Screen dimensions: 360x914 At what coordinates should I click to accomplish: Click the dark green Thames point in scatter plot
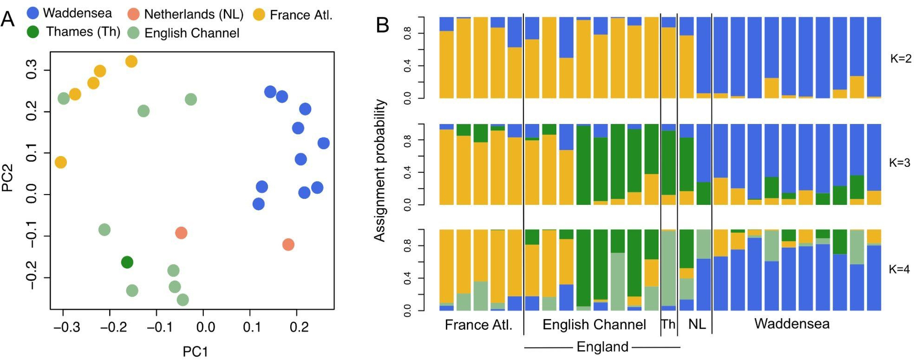coord(127,262)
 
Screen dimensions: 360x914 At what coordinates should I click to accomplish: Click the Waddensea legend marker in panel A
coord(33,13)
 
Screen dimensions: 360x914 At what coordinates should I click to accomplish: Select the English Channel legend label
coord(192,33)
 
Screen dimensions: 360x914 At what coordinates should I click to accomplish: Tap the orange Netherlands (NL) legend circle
coord(134,14)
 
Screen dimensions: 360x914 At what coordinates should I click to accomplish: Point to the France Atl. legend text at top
coord(301,15)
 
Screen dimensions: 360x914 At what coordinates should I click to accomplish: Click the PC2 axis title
coord(8,178)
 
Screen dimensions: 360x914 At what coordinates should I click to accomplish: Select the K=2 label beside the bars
coord(900,59)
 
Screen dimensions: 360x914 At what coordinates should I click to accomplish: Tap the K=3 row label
coord(900,163)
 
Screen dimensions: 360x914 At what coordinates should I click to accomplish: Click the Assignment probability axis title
coord(379,171)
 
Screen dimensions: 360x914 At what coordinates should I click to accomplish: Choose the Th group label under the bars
coord(668,324)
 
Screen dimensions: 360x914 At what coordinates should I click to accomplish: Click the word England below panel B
coord(602,347)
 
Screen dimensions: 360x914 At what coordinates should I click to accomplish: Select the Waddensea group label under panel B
coord(792,324)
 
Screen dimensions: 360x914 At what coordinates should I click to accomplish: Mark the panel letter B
coord(383,25)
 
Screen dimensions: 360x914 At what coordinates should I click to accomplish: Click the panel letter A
coord(8,20)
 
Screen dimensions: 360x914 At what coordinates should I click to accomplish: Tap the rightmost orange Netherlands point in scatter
coord(288,244)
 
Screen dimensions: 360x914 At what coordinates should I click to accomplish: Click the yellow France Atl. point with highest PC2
coord(131,61)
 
